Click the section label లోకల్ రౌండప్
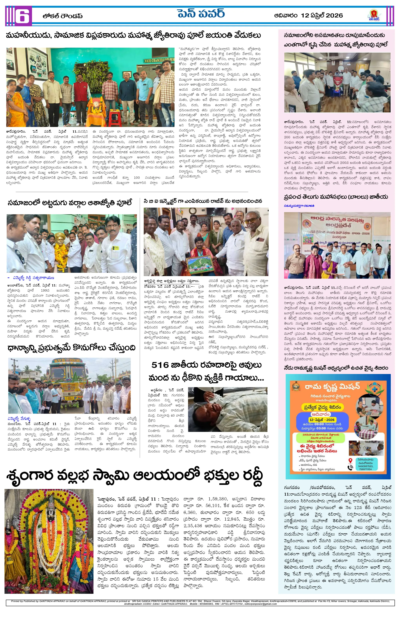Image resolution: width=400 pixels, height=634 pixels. click(x=63, y=16)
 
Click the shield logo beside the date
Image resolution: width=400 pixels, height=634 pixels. click(x=374, y=16)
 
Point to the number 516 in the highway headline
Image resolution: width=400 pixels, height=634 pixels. click(x=160, y=365)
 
